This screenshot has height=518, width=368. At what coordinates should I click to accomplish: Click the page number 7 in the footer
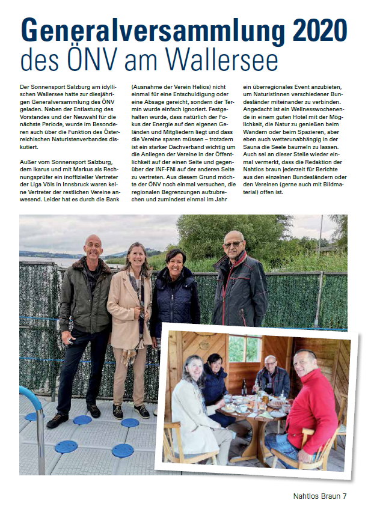pyautogui.click(x=345, y=496)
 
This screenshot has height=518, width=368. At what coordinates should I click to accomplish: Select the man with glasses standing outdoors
pyautogui.click(x=239, y=282)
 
